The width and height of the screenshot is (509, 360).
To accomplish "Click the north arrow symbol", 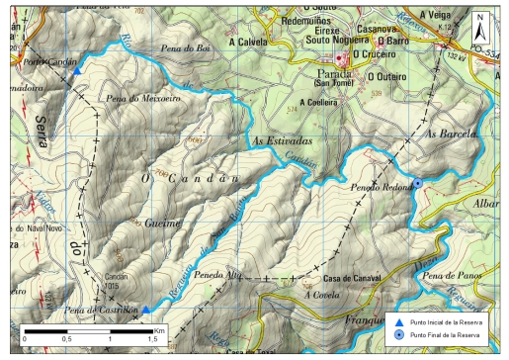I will (479, 22).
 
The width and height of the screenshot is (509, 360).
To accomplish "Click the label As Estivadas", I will (283, 141).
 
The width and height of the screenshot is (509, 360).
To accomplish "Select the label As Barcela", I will (452, 133).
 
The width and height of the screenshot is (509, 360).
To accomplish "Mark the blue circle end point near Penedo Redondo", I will (417, 183).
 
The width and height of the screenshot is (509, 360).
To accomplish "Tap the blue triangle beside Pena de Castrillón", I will (145, 310).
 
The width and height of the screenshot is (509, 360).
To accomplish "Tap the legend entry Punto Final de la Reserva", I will (451, 335).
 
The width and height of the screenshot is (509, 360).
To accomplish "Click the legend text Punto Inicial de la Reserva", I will (451, 322).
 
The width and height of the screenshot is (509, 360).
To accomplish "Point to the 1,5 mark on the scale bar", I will (152, 339).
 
